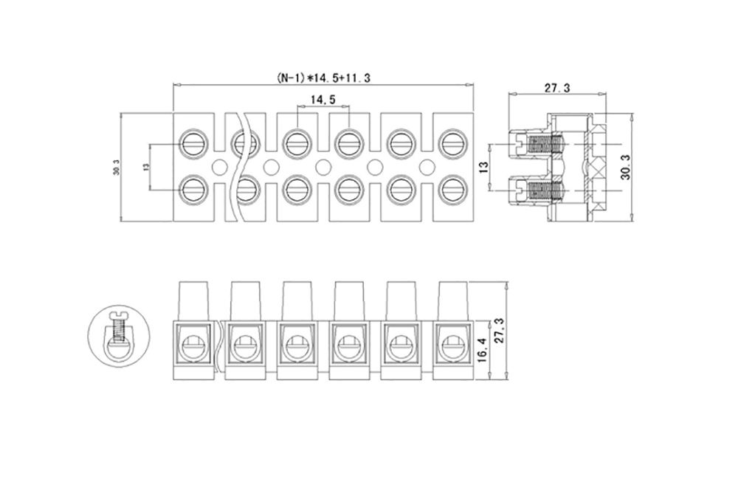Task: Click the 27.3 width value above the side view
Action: pyautogui.click(x=556, y=88)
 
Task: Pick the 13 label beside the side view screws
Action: pyautogui.click(x=483, y=168)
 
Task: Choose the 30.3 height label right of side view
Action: pyautogui.click(x=626, y=168)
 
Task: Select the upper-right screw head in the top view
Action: pyautogui.click(x=450, y=141)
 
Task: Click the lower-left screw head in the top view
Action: pyautogui.click(x=193, y=190)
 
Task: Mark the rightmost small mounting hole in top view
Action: pyautogui.click(x=426, y=165)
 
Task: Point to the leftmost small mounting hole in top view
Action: pyautogui.click(x=218, y=165)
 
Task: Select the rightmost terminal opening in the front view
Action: pyautogui.click(x=450, y=343)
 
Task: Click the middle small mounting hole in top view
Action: pyautogui.click(x=322, y=165)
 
